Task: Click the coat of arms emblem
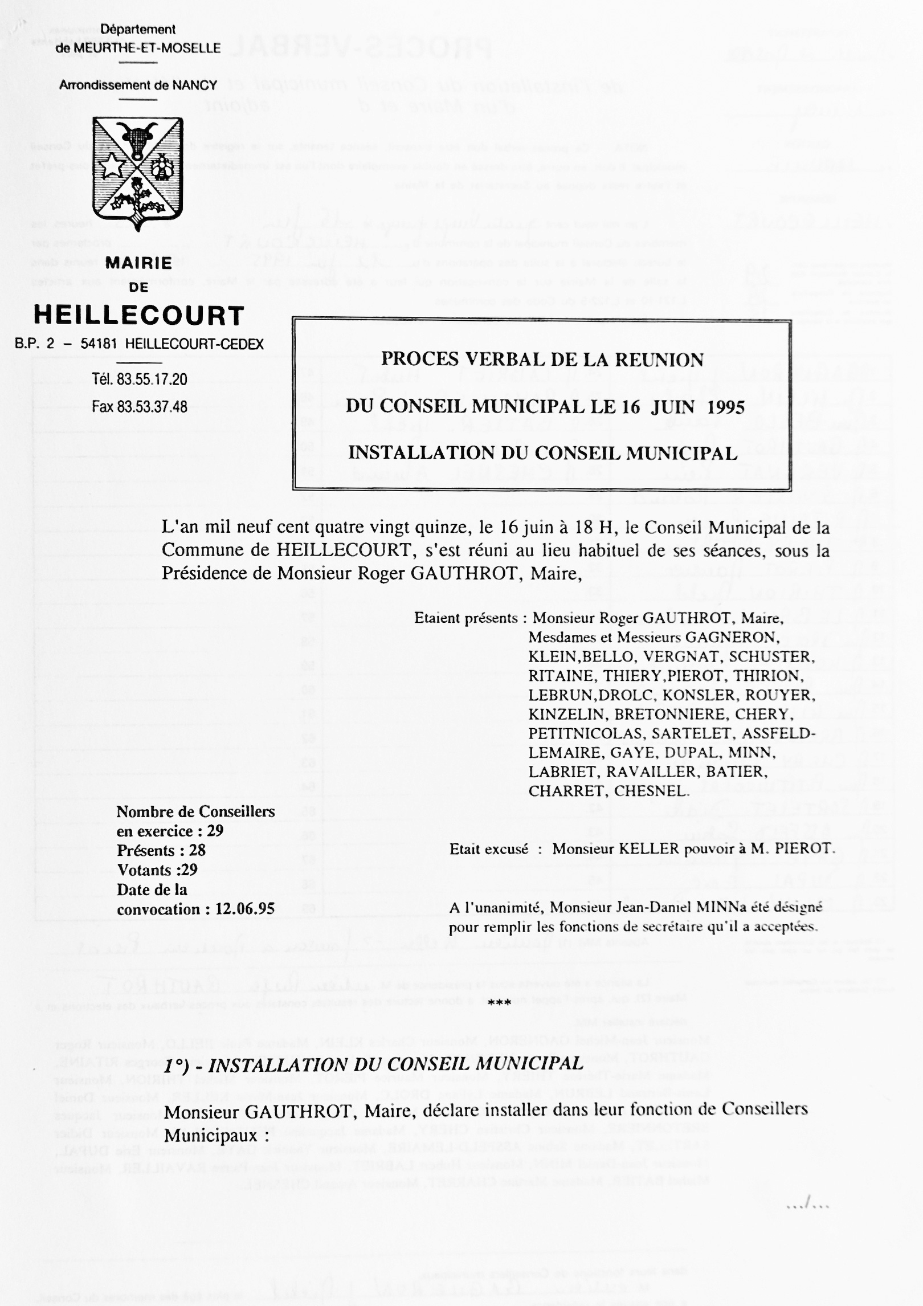click(x=138, y=173)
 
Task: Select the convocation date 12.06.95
click(x=245, y=909)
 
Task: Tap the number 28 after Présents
click(x=197, y=851)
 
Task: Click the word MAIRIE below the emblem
click(x=138, y=263)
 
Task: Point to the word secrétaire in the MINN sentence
click(x=692, y=927)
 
